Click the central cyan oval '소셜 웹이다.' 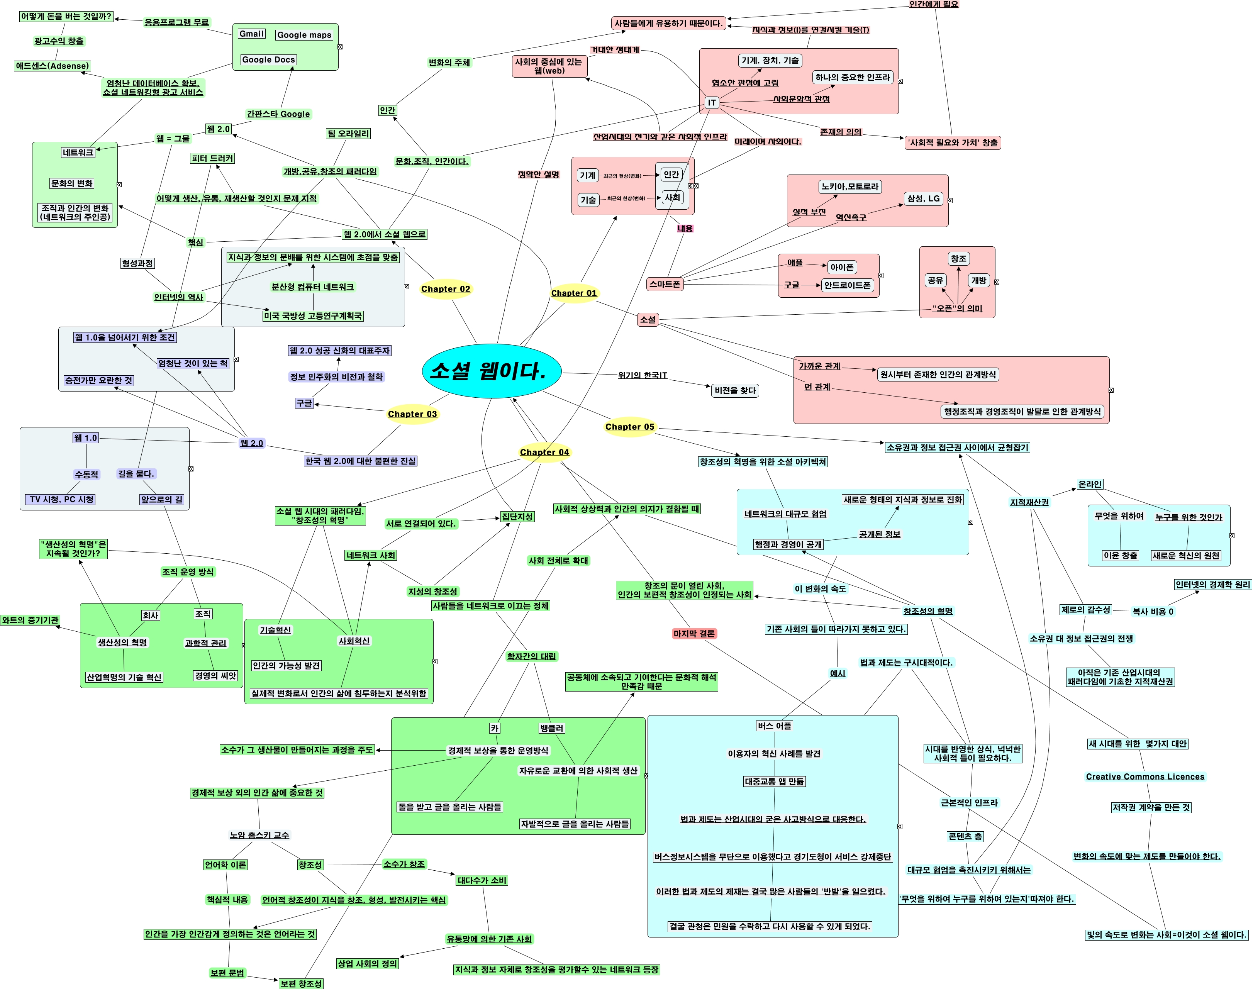(492, 371)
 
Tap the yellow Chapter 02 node (445, 289)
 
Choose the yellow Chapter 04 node (544, 452)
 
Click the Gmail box (251, 34)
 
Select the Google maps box (304, 35)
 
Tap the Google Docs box (268, 60)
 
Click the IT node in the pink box (712, 103)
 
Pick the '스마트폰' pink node (665, 284)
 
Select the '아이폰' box (841, 267)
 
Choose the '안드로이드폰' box (847, 285)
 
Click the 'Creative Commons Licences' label (1144, 777)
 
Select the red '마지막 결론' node (694, 634)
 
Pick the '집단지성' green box (517, 517)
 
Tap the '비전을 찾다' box (735, 391)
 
